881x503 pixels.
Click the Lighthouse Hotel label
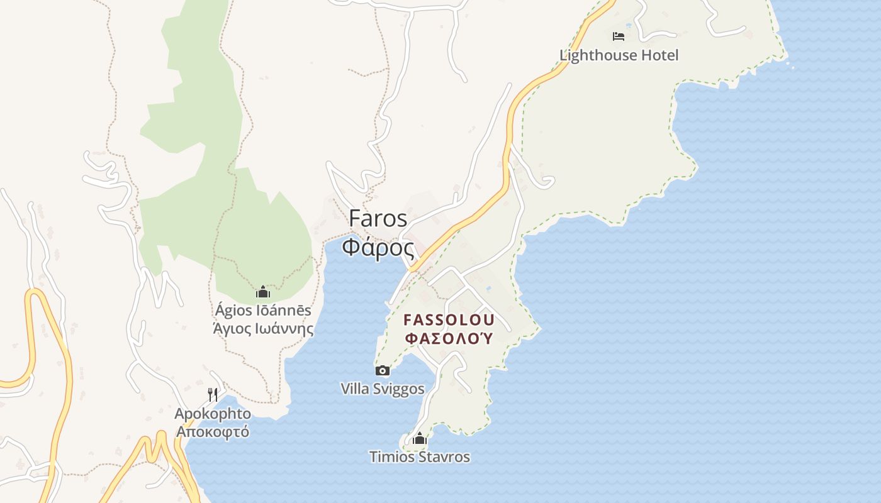(619, 55)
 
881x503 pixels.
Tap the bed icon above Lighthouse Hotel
(619, 36)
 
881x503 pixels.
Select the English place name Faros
(378, 218)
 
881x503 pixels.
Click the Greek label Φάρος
(378, 246)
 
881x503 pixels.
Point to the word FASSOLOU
(449, 319)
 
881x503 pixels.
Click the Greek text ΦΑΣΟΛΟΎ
(449, 338)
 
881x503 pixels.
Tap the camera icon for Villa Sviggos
(382, 370)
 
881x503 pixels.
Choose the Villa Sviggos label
(383, 389)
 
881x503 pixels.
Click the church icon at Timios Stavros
(420, 438)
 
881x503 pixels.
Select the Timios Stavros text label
(420, 457)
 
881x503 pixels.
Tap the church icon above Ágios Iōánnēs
(263, 292)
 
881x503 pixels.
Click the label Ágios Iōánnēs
(263, 311)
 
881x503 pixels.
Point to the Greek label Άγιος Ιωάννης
(263, 328)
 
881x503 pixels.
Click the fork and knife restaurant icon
(213, 395)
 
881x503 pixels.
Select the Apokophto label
(213, 414)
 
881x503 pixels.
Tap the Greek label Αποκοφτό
(213, 431)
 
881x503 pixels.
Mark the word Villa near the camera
(354, 389)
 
